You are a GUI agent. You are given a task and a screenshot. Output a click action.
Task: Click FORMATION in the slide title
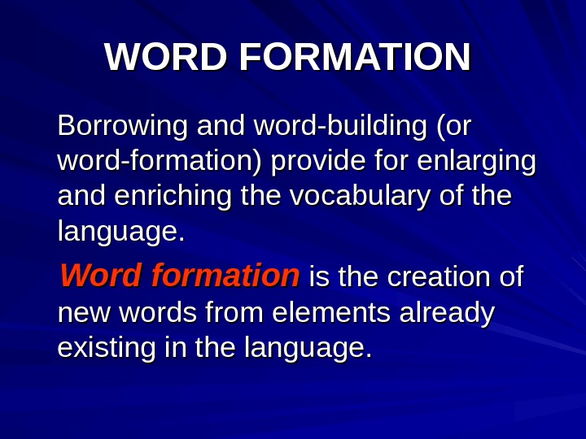pyautogui.click(x=355, y=58)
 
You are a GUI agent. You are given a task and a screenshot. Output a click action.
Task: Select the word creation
pyautogui.click(x=439, y=277)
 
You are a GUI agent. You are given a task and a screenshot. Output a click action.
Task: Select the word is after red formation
pyautogui.click(x=319, y=277)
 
